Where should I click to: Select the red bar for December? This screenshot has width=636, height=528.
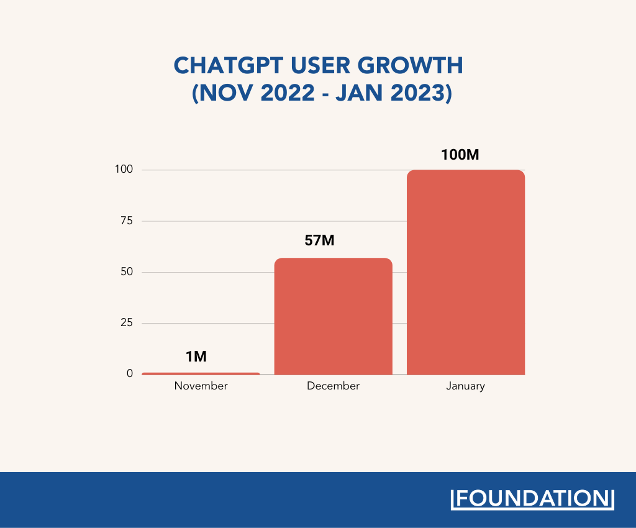tap(333, 316)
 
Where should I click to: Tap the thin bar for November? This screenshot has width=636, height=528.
tap(201, 373)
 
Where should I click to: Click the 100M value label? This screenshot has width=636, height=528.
tap(460, 155)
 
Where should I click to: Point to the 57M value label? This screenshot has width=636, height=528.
tap(319, 240)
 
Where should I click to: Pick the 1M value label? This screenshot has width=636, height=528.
tap(196, 357)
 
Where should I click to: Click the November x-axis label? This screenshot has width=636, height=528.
tap(201, 386)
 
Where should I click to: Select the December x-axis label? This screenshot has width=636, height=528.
tap(333, 386)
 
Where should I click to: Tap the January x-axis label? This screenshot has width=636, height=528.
tap(465, 386)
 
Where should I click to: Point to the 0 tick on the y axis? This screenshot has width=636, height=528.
tap(130, 373)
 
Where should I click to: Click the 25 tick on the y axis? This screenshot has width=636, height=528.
tap(127, 323)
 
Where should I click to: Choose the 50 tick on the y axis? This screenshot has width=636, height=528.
tap(127, 272)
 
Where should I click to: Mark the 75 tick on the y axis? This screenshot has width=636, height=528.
tap(127, 221)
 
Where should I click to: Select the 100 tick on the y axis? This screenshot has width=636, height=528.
tap(124, 170)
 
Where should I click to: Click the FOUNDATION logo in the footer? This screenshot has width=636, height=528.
tap(532, 499)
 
